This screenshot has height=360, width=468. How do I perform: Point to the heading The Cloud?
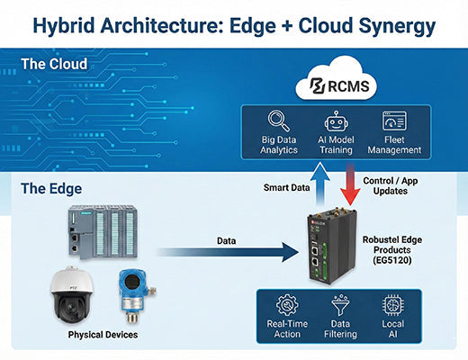coord(54,64)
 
